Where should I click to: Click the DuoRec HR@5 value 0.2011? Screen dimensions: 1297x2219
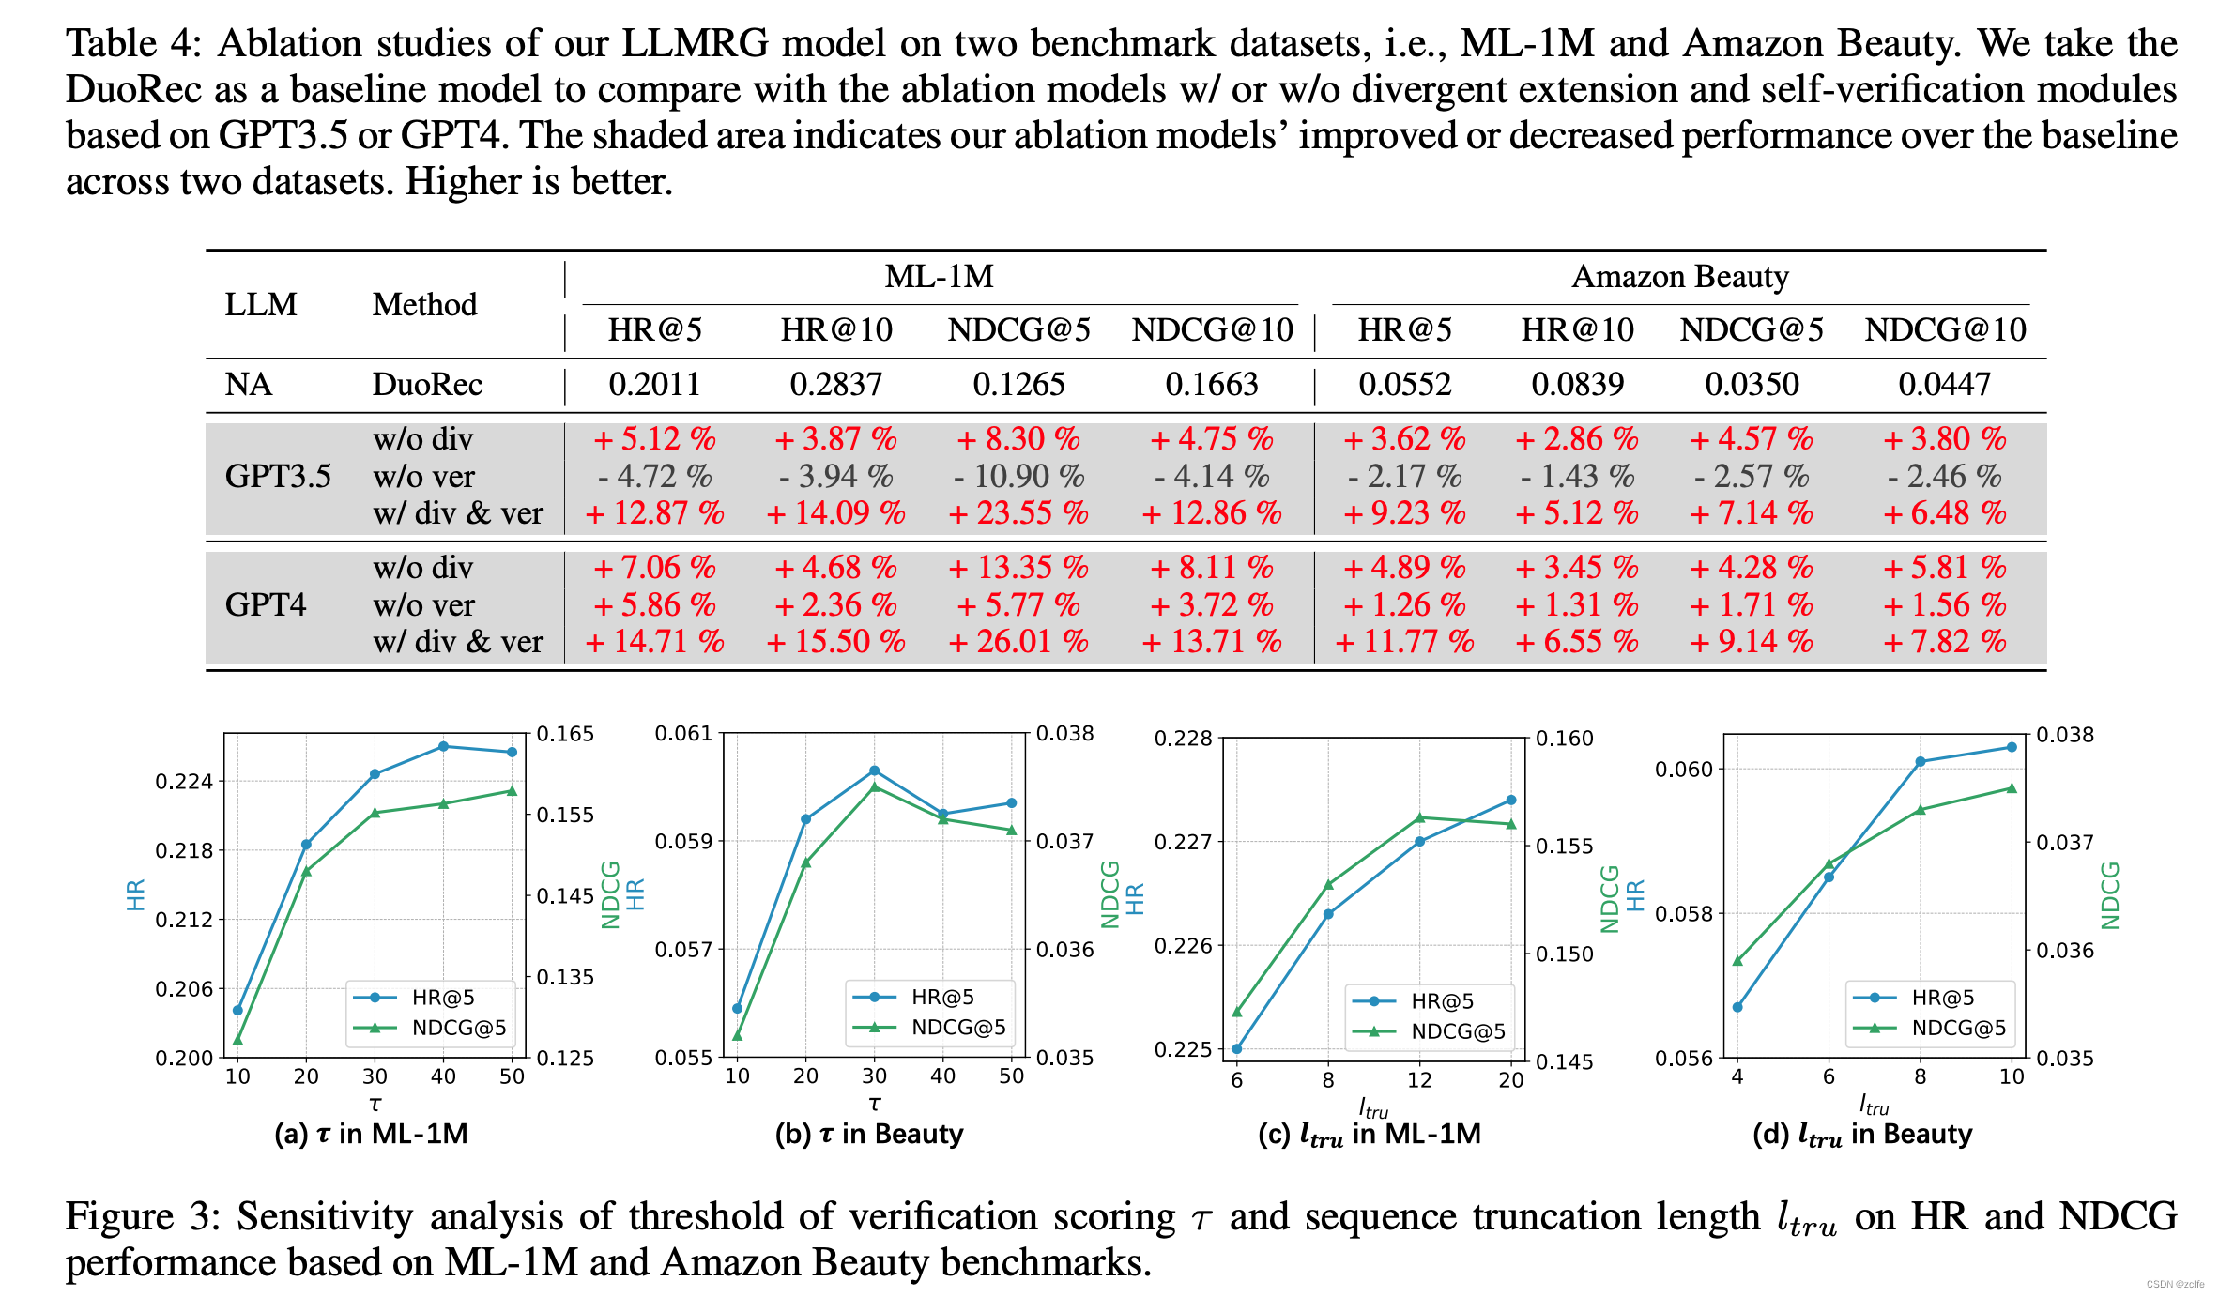tap(654, 385)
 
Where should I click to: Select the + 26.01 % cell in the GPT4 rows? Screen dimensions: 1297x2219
tap(1018, 642)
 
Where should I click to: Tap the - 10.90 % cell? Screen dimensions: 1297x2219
tap(1018, 477)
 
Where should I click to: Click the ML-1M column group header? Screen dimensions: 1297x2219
tap(939, 277)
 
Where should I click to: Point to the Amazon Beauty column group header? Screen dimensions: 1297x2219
tap(1679, 277)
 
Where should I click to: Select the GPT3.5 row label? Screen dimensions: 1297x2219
tap(278, 477)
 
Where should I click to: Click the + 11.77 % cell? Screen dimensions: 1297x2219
tap(1404, 642)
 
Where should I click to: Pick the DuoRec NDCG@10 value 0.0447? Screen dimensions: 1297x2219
tap(1944, 385)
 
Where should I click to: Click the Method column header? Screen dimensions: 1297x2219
tap(424, 305)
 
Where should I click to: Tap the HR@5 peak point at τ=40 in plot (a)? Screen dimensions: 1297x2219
tap(443, 746)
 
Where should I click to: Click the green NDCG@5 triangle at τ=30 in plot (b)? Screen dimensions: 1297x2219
tap(874, 786)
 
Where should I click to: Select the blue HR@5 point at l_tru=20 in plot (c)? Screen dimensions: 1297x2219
tap(1510, 801)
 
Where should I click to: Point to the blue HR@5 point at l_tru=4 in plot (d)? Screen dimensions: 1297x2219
tap(1737, 1007)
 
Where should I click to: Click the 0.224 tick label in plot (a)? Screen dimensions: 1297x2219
tap(184, 782)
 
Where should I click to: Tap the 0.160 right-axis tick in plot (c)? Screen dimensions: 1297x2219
tap(1564, 739)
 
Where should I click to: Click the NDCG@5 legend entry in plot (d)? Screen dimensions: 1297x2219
tap(1957, 1028)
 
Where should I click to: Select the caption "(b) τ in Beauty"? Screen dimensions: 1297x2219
tap(869, 1134)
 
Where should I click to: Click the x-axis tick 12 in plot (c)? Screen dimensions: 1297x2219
tap(1418, 1080)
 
